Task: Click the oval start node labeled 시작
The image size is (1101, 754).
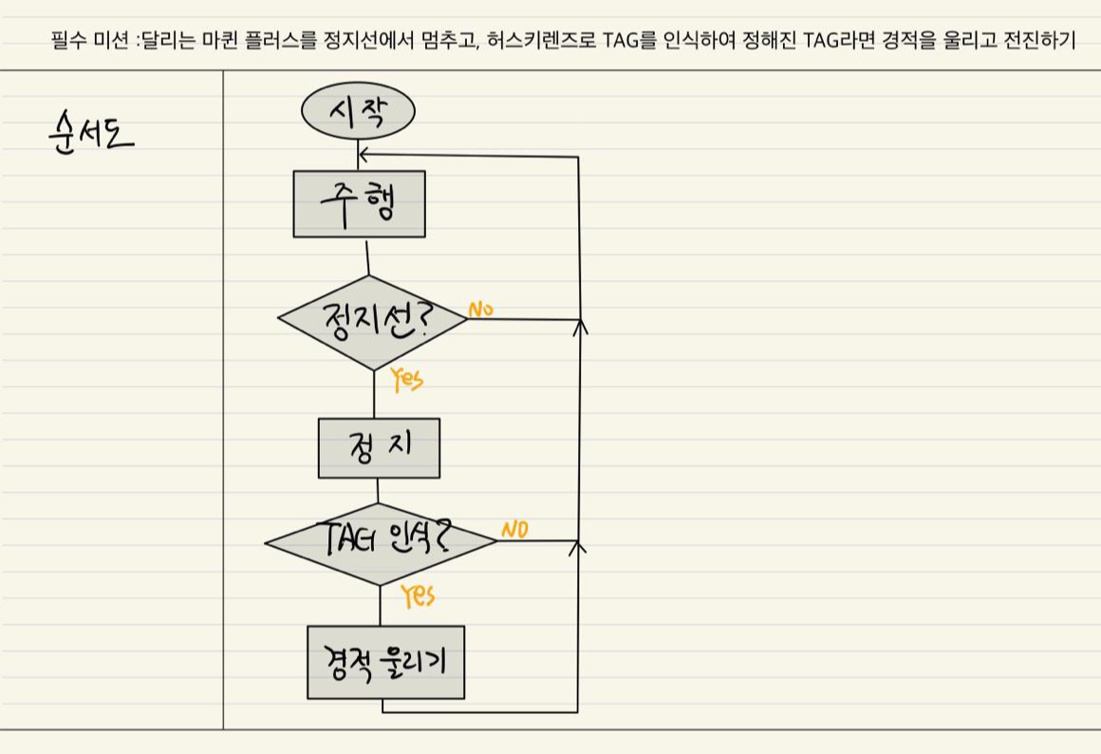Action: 358,112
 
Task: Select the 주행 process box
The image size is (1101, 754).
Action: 359,204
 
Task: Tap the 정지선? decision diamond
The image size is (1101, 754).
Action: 372,322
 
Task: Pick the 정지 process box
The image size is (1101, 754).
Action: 379,447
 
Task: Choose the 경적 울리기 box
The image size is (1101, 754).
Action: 385,662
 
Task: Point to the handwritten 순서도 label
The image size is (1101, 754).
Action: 89,136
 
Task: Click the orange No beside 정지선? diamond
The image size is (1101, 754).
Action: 480,310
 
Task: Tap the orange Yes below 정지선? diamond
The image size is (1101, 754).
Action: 407,380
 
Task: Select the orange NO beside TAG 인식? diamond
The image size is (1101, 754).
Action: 514,530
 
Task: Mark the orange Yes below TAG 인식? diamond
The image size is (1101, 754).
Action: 418,595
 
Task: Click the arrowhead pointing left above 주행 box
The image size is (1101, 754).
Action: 364,154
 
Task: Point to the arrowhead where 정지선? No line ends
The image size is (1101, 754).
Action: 581,326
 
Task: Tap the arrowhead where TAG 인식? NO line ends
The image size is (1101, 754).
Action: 581,546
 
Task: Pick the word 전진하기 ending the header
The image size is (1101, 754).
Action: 1041,42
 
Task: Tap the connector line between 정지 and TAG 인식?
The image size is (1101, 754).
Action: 378,491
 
